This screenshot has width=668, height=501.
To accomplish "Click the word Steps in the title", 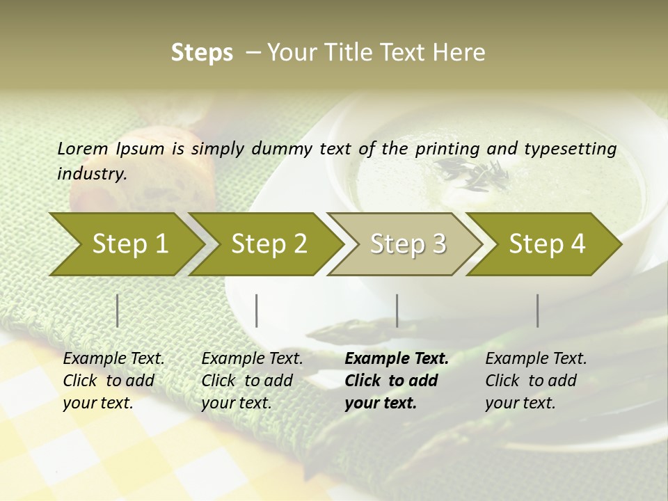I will tap(202, 53).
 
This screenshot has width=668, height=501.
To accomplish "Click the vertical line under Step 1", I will tap(118, 310).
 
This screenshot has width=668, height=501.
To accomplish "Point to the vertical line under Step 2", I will tap(257, 310).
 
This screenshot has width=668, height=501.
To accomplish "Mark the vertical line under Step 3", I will tap(397, 310).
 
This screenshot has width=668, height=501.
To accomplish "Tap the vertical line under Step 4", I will tap(537, 310).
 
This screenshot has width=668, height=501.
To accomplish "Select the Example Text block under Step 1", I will tap(113, 381).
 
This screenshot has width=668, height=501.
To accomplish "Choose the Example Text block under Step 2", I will tap(252, 381).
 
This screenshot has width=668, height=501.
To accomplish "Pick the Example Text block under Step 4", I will tap(536, 381).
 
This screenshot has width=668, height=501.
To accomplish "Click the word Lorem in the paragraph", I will tap(83, 148).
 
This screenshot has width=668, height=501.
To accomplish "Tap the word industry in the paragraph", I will tap(91, 173).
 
